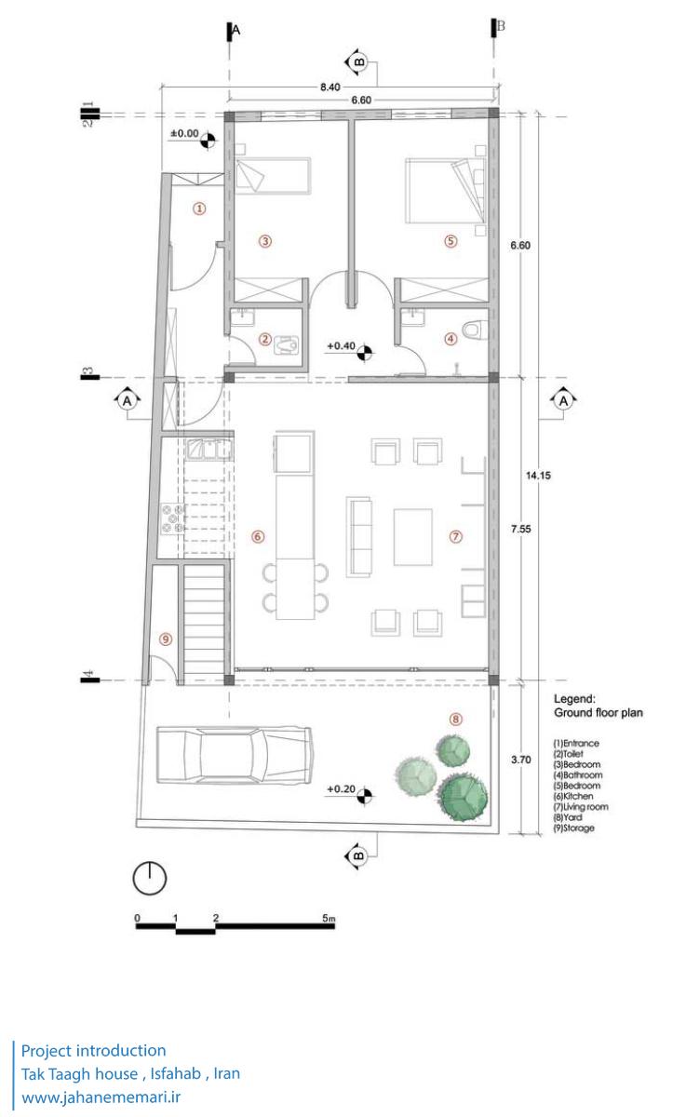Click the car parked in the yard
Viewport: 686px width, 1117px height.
tap(235, 755)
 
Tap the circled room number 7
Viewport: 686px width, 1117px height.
tap(456, 536)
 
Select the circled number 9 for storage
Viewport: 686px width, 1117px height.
tap(166, 639)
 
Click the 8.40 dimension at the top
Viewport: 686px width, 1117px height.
tap(330, 87)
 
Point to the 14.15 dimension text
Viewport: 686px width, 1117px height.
tap(538, 476)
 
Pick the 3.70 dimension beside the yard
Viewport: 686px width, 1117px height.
tap(521, 760)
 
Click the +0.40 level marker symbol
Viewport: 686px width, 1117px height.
tap(365, 352)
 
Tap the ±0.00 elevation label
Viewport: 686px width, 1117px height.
tap(184, 134)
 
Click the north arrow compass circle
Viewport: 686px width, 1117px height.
tap(150, 878)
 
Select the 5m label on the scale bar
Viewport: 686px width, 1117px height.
tap(329, 918)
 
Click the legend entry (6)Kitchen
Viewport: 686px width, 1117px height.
tap(573, 797)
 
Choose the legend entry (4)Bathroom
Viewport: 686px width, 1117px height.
tap(578, 774)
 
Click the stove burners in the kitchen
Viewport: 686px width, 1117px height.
tap(172, 518)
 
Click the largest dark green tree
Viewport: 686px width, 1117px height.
tap(463, 797)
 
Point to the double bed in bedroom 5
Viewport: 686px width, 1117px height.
tap(445, 191)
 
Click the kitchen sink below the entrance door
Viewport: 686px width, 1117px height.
tap(209, 449)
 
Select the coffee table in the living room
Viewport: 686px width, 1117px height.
tap(412, 537)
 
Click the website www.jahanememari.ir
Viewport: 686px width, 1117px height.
tap(101, 1097)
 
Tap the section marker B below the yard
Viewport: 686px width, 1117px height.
tap(357, 856)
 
